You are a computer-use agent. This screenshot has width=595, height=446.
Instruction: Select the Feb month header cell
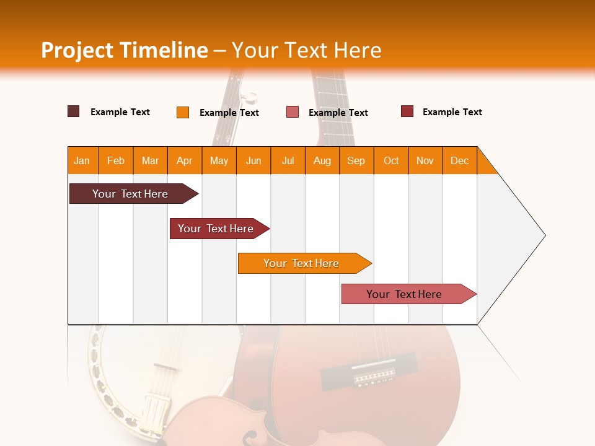click(116, 160)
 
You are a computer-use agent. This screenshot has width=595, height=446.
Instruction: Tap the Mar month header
click(150, 160)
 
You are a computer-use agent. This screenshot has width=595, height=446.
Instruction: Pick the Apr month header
click(185, 160)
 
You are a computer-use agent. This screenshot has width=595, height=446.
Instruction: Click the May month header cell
click(219, 160)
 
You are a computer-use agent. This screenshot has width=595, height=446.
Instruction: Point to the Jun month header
click(253, 160)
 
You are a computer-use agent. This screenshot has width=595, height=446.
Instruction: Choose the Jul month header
click(288, 160)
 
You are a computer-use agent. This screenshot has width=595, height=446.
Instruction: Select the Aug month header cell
click(322, 160)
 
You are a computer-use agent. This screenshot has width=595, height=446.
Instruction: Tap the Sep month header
click(356, 160)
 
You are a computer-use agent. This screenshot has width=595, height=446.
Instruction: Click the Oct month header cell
click(391, 160)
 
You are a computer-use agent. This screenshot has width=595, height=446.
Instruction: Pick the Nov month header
click(425, 160)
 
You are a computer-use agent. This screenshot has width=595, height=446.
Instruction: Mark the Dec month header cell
click(460, 160)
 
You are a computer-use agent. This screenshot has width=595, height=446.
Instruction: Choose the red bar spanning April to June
click(217, 229)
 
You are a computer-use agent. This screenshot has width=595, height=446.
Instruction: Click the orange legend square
click(183, 112)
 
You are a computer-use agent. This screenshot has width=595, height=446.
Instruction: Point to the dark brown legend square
click(74, 111)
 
